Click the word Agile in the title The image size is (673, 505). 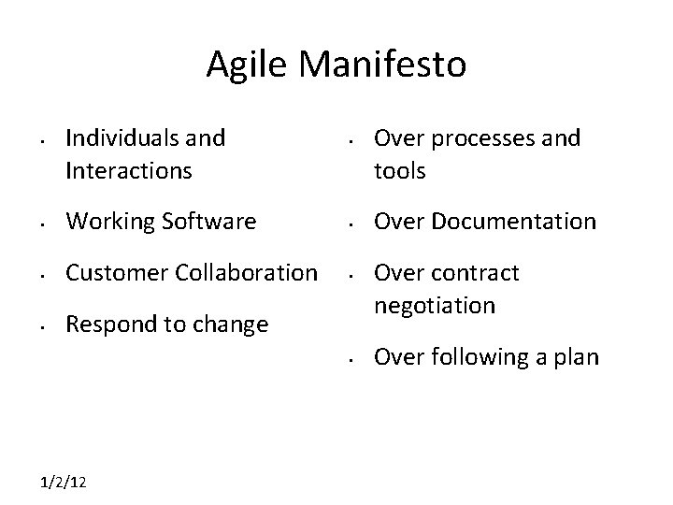[x=246, y=65]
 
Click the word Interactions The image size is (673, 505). [x=129, y=170]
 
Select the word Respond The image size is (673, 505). [x=105, y=325]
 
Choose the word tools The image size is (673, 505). [x=400, y=170]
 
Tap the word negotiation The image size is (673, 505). [x=435, y=305]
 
